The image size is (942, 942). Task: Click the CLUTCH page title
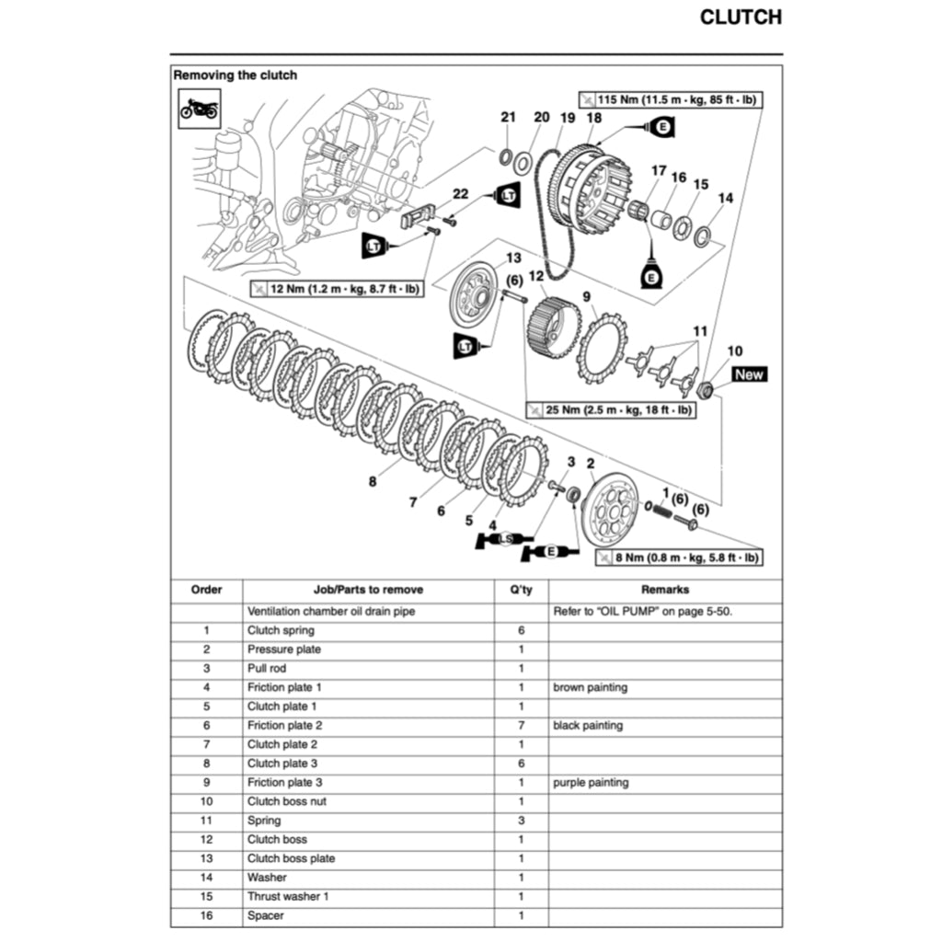coord(741,17)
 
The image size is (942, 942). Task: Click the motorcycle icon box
coord(199,109)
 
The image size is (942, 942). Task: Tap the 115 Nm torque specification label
coord(672,98)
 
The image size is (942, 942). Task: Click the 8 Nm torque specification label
coord(678,557)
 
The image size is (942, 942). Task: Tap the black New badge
coord(749,374)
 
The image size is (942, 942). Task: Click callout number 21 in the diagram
coord(509,117)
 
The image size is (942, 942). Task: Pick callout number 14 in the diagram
coord(726,198)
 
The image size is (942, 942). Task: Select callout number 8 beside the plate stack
coord(372,480)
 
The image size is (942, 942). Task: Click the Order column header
coord(206,590)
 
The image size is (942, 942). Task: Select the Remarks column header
coord(664,590)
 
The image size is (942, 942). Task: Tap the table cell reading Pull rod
coord(266,669)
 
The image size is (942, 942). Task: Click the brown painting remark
coord(590,687)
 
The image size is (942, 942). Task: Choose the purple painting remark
coord(591,782)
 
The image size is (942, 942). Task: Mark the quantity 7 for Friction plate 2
coord(521,725)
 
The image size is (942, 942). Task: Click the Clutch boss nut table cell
coord(286,801)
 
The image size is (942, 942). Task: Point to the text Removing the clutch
coord(235,75)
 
